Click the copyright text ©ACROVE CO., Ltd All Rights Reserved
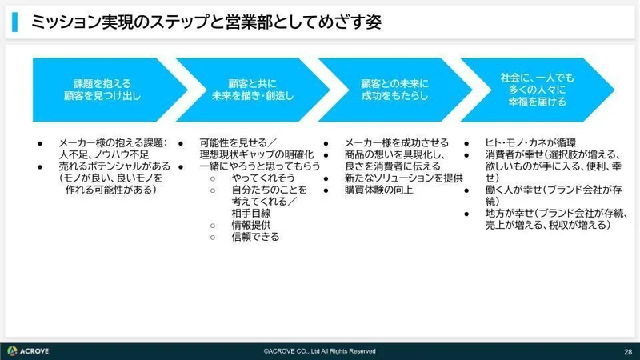[320, 351]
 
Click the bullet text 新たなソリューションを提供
[404, 178]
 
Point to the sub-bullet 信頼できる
[255, 237]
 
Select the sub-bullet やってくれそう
[262, 178]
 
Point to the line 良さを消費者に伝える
[392, 166]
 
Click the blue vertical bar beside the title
[15, 23]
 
